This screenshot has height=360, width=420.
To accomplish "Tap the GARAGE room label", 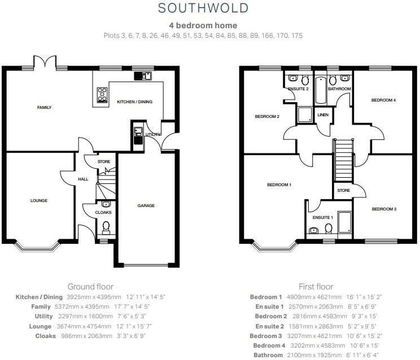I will (x=146, y=205).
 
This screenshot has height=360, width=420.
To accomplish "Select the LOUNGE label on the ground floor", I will (x=39, y=200).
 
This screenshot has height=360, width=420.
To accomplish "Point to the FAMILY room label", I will (x=44, y=107).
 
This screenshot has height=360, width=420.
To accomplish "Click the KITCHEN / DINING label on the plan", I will (x=134, y=102).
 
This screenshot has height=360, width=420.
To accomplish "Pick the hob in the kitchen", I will (x=103, y=95).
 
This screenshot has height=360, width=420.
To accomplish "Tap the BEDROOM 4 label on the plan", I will (x=383, y=100).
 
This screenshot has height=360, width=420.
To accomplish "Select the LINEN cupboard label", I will (x=323, y=115).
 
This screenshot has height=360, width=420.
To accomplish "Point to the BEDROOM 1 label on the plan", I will (x=279, y=185).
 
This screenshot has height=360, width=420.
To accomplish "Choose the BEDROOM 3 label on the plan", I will (x=384, y=209).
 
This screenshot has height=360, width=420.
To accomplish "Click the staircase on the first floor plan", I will (x=343, y=160).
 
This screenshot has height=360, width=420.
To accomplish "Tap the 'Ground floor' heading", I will (x=90, y=287).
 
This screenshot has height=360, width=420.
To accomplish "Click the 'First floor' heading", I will (x=316, y=287).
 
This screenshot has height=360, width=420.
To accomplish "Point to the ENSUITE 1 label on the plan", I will (x=323, y=217).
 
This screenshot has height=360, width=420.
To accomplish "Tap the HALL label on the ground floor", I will (x=82, y=179).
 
